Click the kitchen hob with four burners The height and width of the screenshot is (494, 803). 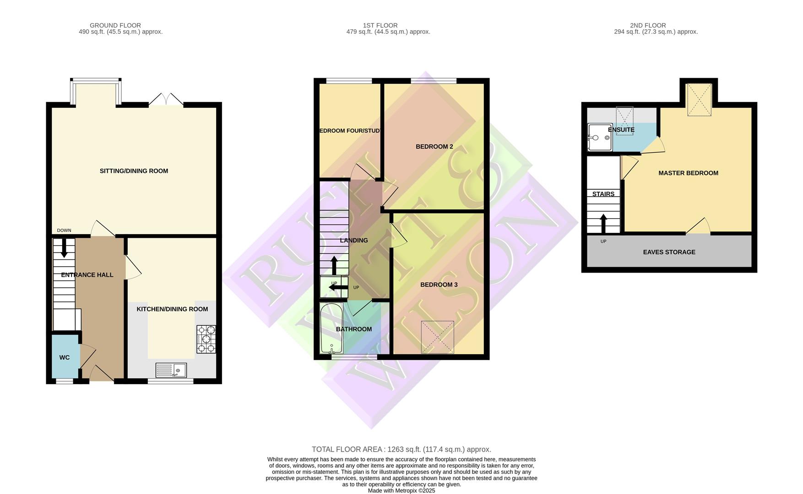[x=206, y=339]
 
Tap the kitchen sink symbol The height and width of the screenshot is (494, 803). [x=171, y=370]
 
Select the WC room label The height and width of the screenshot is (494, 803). [x=65, y=357]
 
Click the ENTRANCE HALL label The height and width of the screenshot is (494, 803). [x=87, y=275]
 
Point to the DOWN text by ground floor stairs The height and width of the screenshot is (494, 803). [x=64, y=231]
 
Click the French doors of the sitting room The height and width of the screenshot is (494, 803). [x=166, y=100]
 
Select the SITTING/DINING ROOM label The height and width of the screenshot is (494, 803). [x=134, y=171]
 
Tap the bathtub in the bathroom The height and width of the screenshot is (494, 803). [x=331, y=328]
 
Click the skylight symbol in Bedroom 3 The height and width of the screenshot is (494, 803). [x=437, y=337]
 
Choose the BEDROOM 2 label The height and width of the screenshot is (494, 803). [x=434, y=147]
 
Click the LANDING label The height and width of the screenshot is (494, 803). [x=353, y=241]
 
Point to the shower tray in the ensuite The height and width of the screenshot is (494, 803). [x=599, y=137]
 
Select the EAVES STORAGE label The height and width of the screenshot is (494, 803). [x=669, y=252]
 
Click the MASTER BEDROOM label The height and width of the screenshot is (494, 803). [x=688, y=173]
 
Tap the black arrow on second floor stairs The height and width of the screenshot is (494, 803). [x=603, y=223]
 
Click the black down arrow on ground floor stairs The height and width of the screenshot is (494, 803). [x=64, y=247]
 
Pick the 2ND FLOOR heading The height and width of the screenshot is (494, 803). [x=647, y=26]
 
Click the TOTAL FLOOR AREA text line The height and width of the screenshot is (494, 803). [x=401, y=450]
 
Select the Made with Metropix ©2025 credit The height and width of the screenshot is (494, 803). [x=401, y=490]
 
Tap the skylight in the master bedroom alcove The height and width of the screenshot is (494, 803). [x=699, y=100]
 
